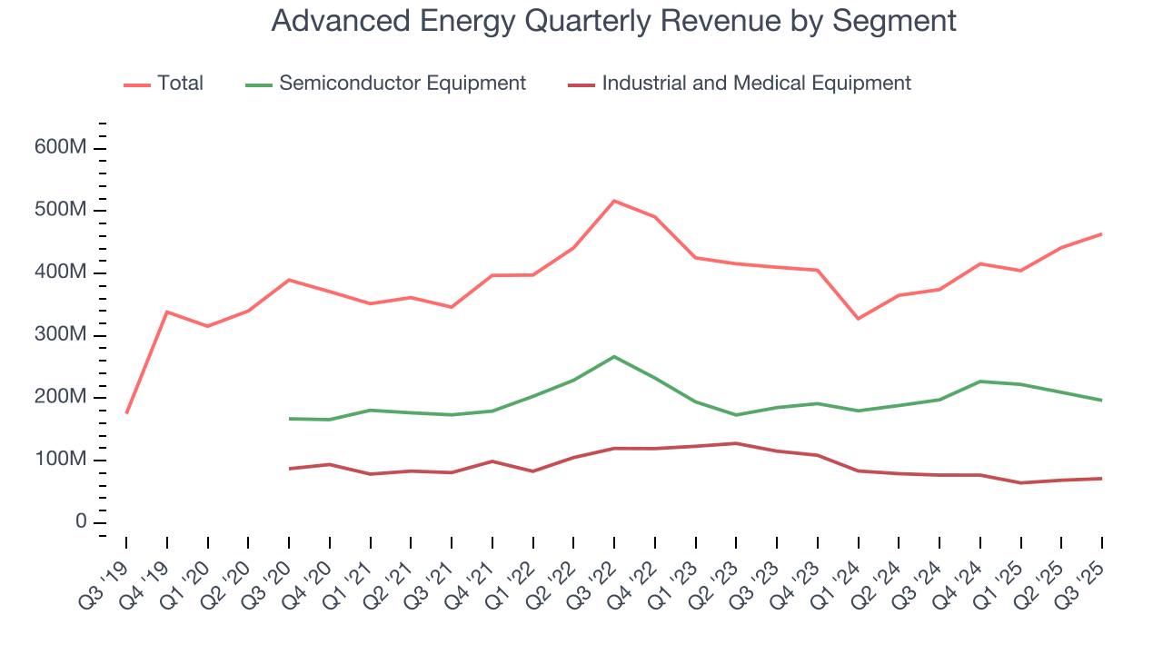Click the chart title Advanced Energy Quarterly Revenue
[x=613, y=21]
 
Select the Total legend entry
[x=180, y=84]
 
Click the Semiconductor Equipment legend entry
[x=402, y=84]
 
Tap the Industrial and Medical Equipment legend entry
[x=755, y=84]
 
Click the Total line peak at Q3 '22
[x=614, y=201]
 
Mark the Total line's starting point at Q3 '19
[x=126, y=413]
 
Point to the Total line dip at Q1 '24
[x=858, y=319]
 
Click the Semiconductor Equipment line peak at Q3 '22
[x=614, y=356]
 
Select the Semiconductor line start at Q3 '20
[x=289, y=419]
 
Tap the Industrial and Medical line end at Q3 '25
[x=1102, y=478]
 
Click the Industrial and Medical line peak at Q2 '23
[x=736, y=443]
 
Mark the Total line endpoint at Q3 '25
[x=1102, y=234]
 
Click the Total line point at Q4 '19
[x=167, y=312]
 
